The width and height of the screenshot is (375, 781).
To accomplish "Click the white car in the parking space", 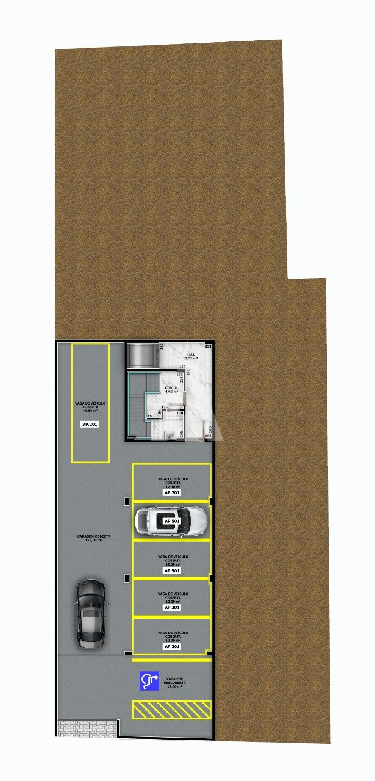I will pos(171,522).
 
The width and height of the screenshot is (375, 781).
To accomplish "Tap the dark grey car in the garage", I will pos(91,613).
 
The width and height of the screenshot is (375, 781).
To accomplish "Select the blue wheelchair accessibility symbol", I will pos(149,681).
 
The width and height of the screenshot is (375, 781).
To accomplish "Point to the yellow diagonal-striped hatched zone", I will pos(172,709).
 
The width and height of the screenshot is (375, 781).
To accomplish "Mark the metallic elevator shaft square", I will pos(141,355).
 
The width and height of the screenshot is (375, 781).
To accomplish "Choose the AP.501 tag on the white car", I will pos(172,522).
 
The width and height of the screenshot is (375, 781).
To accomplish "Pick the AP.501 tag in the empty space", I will pos(172,571).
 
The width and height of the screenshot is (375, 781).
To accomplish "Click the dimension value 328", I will pos(208,347).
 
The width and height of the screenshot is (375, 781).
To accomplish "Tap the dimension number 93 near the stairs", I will pos(149,416).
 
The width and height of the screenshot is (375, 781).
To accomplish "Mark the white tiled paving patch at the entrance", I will pos(87,728).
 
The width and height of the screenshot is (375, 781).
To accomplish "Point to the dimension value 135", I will pos(165,407).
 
